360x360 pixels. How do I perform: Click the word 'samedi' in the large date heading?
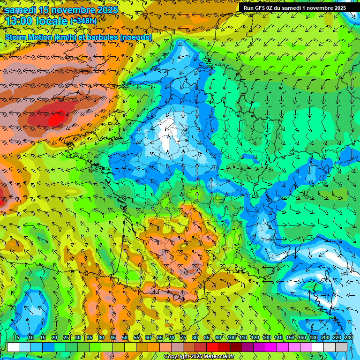click(22, 9)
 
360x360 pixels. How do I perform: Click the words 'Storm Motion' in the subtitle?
click(29, 37)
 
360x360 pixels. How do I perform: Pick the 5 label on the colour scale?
click(18, 337)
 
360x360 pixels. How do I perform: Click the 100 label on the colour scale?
click(232, 337)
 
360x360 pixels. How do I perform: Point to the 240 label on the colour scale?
click(349, 337)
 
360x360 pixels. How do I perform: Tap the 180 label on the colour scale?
click(314, 337)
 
